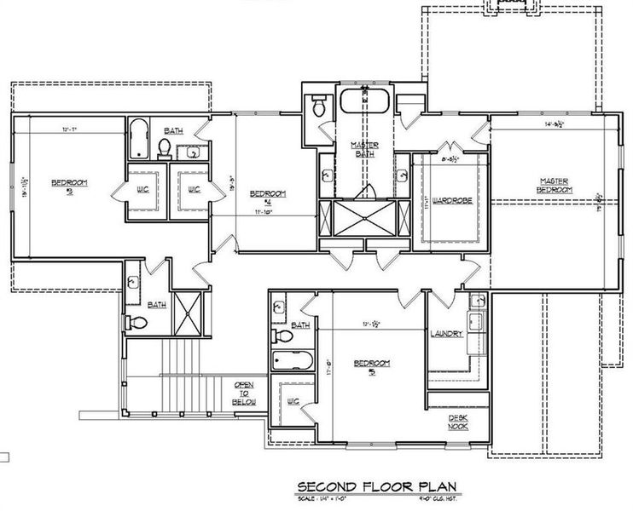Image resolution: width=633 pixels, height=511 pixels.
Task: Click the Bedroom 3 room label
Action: pyautogui.click(x=65, y=185)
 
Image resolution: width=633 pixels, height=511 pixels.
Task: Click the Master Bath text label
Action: pyautogui.click(x=364, y=150)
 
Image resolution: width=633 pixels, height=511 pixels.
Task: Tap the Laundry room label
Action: pyautogui.click(x=446, y=334)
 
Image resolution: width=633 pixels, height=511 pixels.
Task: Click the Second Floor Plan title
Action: pyautogui.click(x=376, y=486)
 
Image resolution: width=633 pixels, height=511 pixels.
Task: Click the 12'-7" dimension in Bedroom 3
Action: pyautogui.click(x=70, y=129)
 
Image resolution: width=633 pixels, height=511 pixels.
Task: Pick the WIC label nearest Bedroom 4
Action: pyautogui.click(x=193, y=188)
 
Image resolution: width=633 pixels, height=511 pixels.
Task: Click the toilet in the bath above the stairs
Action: pyautogui.click(x=137, y=323)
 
